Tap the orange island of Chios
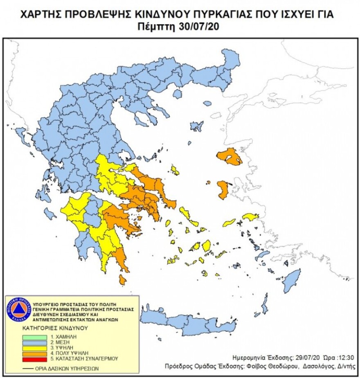[223, 190]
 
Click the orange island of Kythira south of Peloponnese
[122, 280]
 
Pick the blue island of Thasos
[177, 94]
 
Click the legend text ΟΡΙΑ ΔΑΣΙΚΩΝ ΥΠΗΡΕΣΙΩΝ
[69, 368]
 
